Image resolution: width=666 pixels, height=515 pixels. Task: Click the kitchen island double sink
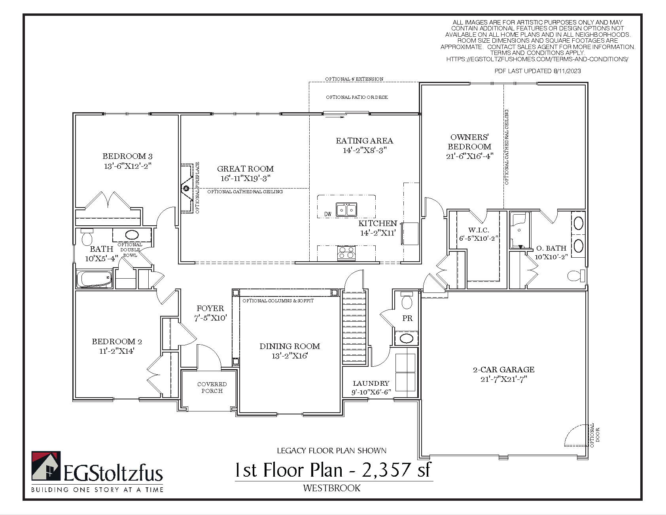click(x=346, y=209)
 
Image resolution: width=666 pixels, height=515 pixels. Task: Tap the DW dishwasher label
click(x=328, y=214)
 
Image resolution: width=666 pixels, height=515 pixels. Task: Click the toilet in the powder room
click(x=407, y=301)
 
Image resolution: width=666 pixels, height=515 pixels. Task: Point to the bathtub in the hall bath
click(x=95, y=279)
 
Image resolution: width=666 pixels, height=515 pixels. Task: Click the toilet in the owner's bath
click(x=576, y=275)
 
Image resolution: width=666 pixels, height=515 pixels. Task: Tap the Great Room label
click(x=245, y=169)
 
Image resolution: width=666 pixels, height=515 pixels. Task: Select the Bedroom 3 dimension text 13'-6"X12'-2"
click(x=128, y=166)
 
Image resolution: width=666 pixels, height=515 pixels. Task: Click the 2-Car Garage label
click(x=503, y=370)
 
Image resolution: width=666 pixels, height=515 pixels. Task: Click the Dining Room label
click(x=289, y=346)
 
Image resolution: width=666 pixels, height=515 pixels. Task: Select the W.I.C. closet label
click(x=479, y=230)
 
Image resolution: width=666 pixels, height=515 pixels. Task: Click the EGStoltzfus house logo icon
click(x=46, y=466)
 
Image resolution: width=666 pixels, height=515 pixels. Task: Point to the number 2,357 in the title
click(x=386, y=470)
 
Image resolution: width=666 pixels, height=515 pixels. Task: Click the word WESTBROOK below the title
click(x=332, y=488)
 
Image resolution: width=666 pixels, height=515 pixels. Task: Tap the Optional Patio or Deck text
click(x=357, y=97)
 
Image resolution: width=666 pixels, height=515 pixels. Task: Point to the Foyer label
click(x=210, y=308)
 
